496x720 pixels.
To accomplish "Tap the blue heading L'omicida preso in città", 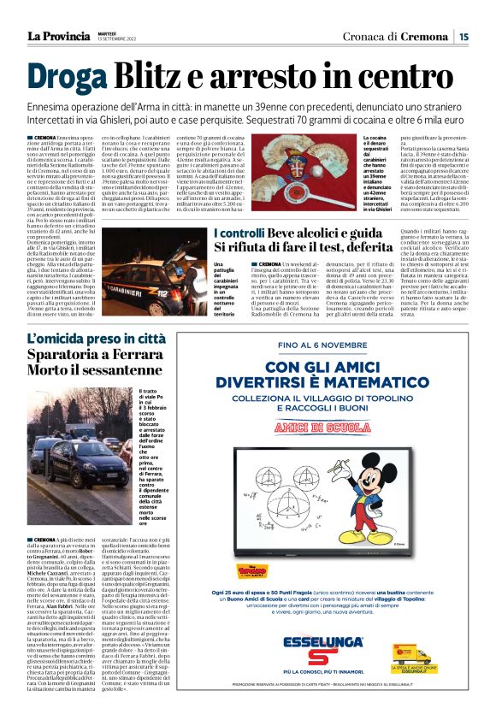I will click(x=96, y=339).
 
